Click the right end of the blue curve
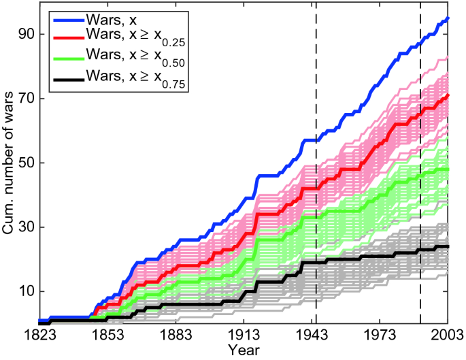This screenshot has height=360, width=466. pyautogui.click(x=448, y=18)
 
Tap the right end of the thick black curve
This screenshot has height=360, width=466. pyautogui.click(x=448, y=246)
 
